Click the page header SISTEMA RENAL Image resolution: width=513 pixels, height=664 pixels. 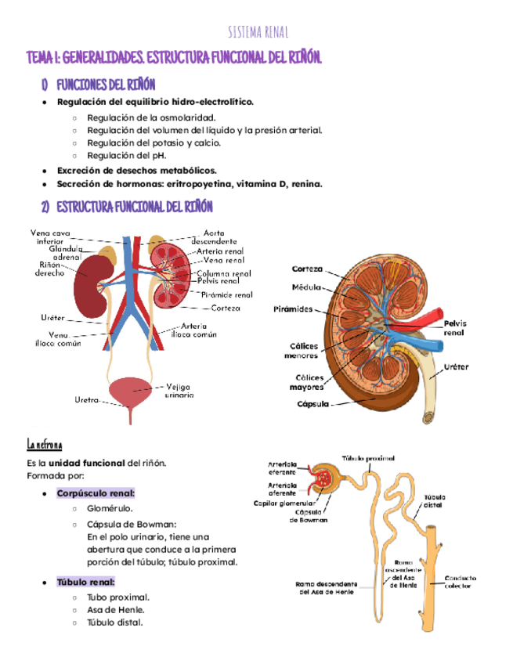[x=258, y=32]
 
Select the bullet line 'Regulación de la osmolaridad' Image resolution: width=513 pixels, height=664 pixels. [x=151, y=117]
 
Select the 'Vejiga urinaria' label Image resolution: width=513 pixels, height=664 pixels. [x=180, y=390]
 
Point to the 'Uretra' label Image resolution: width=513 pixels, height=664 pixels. [x=87, y=400]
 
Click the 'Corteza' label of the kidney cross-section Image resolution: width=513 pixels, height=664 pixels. [x=307, y=269]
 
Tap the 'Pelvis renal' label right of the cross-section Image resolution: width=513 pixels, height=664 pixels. [x=453, y=327]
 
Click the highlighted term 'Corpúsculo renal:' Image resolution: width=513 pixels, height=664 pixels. [x=95, y=493]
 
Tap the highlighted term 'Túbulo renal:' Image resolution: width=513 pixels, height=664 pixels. [x=86, y=582]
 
